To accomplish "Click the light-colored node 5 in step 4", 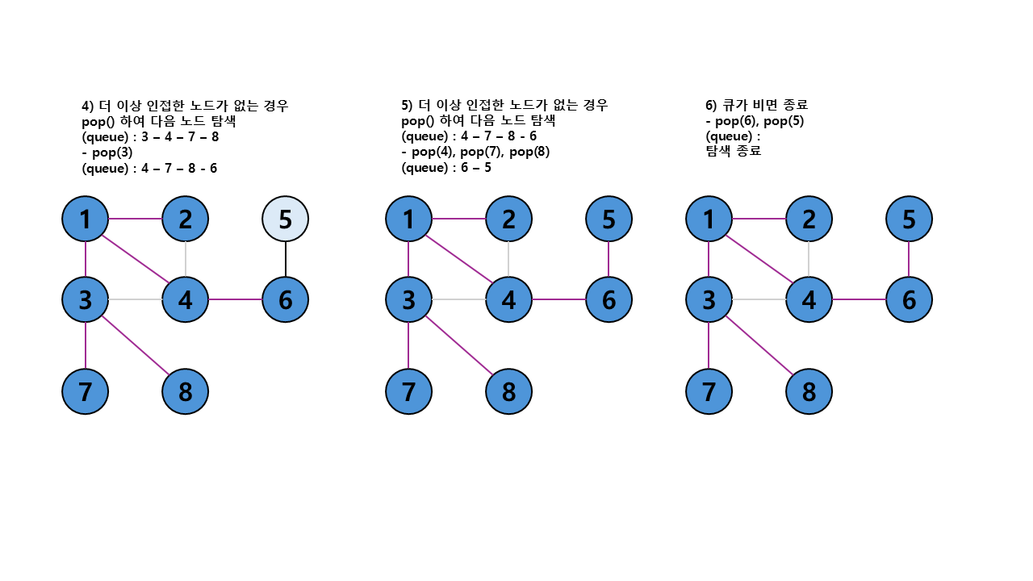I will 286,219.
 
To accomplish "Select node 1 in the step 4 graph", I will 86,219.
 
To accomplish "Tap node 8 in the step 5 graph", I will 508,391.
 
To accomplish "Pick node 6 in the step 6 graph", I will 909,299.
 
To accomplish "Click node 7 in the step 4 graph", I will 86,391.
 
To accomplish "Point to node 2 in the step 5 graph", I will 508,219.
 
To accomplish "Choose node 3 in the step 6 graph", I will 709,299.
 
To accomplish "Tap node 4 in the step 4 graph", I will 186,299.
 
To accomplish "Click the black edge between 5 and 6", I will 286,259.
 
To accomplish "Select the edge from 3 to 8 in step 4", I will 136,345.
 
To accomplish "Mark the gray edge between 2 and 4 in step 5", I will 508,259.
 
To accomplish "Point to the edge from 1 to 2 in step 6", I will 759,219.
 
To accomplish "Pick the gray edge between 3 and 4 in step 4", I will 136,299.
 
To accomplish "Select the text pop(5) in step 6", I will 781,121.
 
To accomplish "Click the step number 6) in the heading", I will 711,106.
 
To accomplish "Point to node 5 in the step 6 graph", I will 909,219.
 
